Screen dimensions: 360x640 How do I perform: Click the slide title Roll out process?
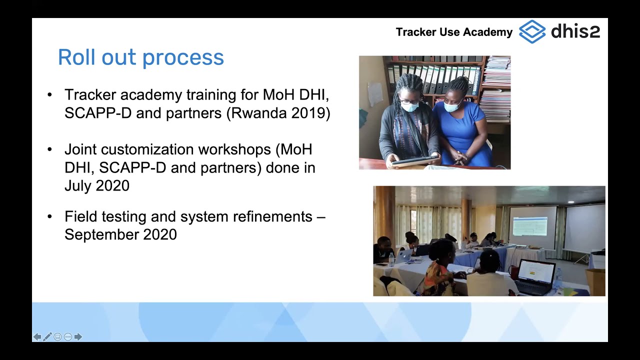(140, 57)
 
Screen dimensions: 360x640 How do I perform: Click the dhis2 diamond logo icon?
(532, 31)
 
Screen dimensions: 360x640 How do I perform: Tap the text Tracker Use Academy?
(454, 32)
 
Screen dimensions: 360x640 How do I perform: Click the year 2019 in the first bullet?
(307, 113)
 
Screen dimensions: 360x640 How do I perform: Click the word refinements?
(265, 217)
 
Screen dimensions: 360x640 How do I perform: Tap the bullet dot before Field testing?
(49, 217)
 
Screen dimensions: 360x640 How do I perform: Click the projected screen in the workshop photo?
(529, 226)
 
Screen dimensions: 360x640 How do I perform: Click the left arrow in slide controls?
(37, 337)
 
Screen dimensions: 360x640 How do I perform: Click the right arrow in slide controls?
(78, 337)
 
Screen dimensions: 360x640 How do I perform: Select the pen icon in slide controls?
(47, 337)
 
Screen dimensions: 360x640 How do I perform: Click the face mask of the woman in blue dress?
(452, 106)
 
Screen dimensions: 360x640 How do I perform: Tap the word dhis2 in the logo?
(575, 31)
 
